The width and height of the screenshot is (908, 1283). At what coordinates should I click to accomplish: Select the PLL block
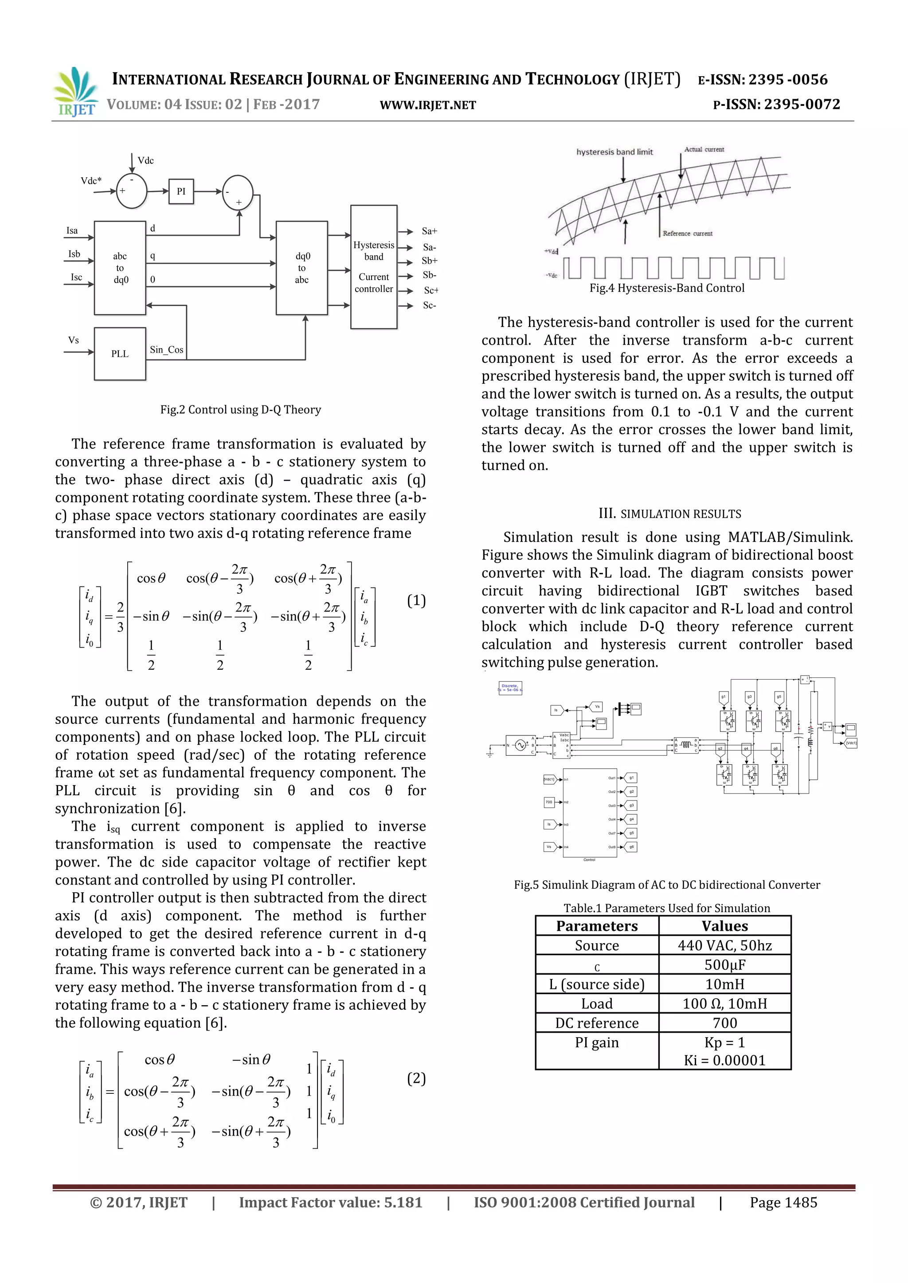(x=120, y=354)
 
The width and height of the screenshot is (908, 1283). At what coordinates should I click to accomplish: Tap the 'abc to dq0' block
(x=120, y=268)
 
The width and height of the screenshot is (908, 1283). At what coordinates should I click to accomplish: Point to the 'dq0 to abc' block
(x=302, y=268)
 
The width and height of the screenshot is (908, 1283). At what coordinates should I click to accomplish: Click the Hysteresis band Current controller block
(x=373, y=267)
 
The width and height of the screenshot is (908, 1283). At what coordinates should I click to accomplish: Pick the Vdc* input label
(x=91, y=180)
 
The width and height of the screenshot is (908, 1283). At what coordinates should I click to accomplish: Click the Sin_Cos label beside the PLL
(x=167, y=350)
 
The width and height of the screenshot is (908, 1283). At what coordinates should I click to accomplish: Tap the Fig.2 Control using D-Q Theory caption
(x=240, y=410)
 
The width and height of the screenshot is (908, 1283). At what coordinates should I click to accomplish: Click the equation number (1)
(x=416, y=601)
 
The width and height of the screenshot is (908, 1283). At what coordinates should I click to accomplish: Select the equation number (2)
(x=416, y=1078)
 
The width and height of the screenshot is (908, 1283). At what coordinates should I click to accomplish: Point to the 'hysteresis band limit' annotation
(x=614, y=152)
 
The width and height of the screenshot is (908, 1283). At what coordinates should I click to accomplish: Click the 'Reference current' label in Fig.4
(x=687, y=233)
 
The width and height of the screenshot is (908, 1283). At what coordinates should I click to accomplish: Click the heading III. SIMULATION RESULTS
(x=669, y=513)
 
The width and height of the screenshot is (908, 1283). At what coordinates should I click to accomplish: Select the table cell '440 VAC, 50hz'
(x=724, y=945)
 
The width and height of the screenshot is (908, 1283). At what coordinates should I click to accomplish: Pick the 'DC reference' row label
(x=597, y=1023)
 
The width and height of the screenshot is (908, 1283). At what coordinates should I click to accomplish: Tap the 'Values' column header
(x=724, y=926)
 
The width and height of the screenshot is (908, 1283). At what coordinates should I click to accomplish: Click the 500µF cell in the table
(x=724, y=964)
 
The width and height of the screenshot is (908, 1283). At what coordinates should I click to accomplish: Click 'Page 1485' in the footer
(x=783, y=1202)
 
